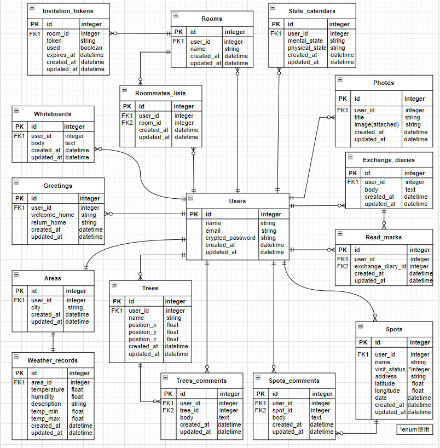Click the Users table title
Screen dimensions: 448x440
[x=238, y=201]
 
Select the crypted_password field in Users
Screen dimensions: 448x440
[x=230, y=238]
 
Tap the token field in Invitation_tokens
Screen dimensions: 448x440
[x=54, y=41]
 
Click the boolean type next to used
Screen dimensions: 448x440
[x=91, y=48]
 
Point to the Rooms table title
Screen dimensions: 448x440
[x=212, y=19]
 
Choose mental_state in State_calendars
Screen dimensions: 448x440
[x=305, y=41]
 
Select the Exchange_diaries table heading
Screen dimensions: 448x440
[x=389, y=160]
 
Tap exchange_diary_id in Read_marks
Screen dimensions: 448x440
[x=380, y=266]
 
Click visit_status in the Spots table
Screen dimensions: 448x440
[x=390, y=369]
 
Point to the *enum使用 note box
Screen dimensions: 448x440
[x=415, y=429]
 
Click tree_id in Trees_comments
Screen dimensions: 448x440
[x=190, y=410]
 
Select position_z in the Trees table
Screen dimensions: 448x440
[x=142, y=339]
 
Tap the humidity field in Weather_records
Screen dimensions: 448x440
[x=43, y=397]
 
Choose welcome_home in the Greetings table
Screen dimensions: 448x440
[x=53, y=215]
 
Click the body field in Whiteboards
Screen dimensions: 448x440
[x=38, y=143]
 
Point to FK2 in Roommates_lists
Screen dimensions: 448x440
[x=127, y=123]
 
